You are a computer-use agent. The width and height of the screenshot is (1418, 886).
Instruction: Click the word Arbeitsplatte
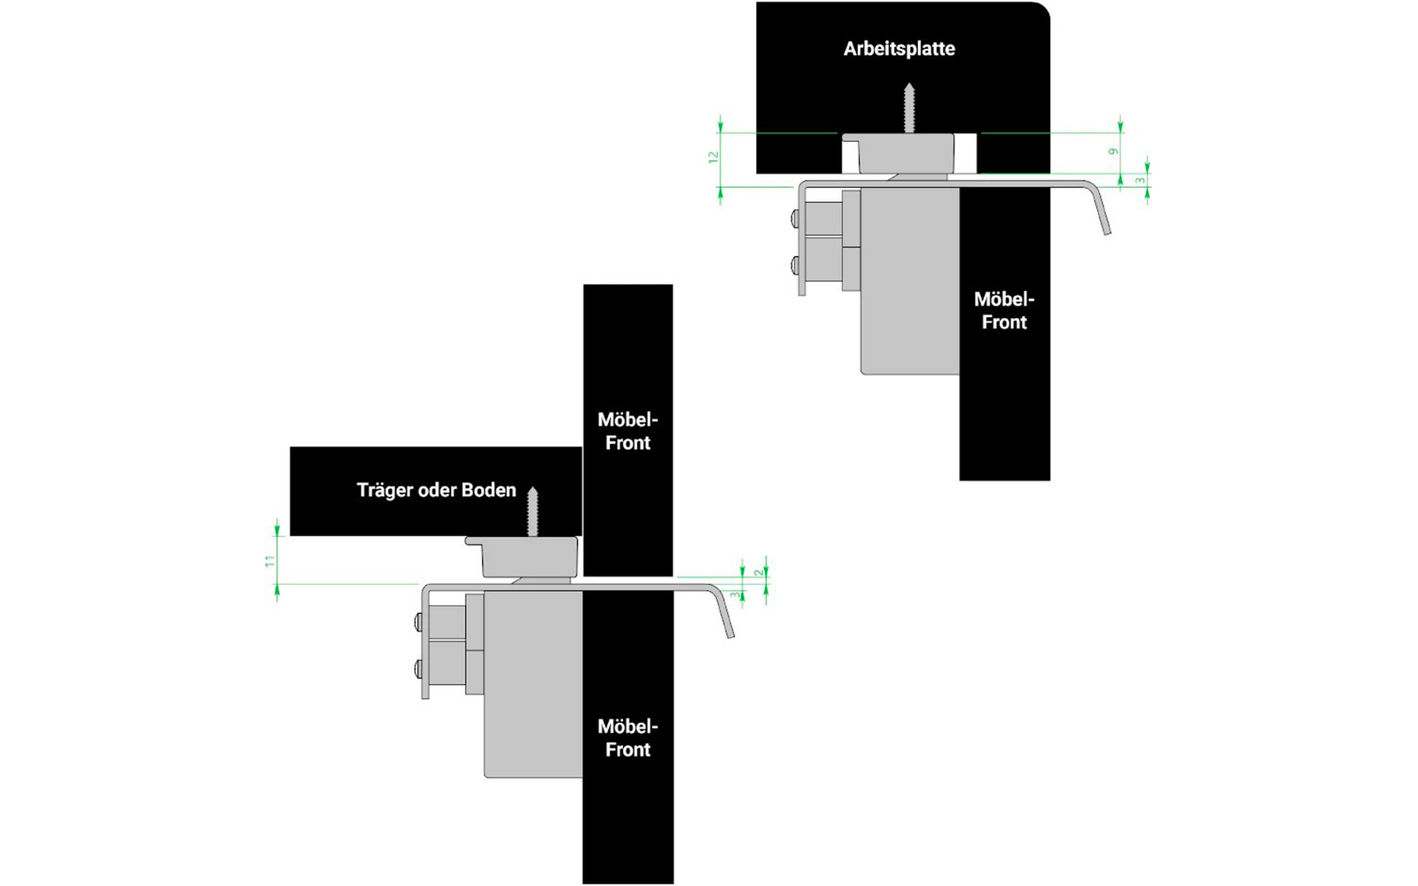pyautogui.click(x=899, y=49)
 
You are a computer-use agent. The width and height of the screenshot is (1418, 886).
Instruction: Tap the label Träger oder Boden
pyautogui.click(x=436, y=491)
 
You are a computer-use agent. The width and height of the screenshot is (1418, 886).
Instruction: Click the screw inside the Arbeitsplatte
pyautogui.click(x=909, y=107)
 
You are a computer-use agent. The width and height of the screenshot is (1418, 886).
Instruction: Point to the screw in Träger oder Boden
pyautogui.click(x=533, y=511)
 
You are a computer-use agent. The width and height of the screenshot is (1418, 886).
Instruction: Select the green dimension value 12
pyautogui.click(x=713, y=158)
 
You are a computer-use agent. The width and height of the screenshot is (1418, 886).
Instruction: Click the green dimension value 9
pyautogui.click(x=1113, y=152)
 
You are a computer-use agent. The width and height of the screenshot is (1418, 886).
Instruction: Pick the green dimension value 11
pyautogui.click(x=270, y=562)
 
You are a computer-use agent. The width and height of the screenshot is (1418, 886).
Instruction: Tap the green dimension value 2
pyautogui.click(x=759, y=572)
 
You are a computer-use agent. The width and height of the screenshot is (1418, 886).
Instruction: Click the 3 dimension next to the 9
pyautogui.click(x=1140, y=181)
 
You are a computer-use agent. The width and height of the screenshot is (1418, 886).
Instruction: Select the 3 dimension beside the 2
pyautogui.click(x=735, y=595)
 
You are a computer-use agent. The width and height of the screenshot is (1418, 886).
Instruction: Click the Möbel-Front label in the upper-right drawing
pyautogui.click(x=1004, y=311)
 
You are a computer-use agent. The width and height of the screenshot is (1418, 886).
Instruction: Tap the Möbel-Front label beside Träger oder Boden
pyautogui.click(x=627, y=431)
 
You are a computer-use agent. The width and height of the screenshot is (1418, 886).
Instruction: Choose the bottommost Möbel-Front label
pyautogui.click(x=627, y=738)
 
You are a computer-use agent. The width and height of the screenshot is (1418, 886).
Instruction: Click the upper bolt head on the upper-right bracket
pyautogui.click(x=795, y=219)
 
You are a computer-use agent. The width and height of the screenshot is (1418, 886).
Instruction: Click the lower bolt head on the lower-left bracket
pyautogui.click(x=418, y=668)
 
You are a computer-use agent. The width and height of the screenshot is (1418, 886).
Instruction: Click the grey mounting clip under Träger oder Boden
pyautogui.click(x=523, y=557)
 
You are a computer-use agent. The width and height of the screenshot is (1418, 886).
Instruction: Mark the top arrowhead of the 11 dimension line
pyautogui.click(x=277, y=526)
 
